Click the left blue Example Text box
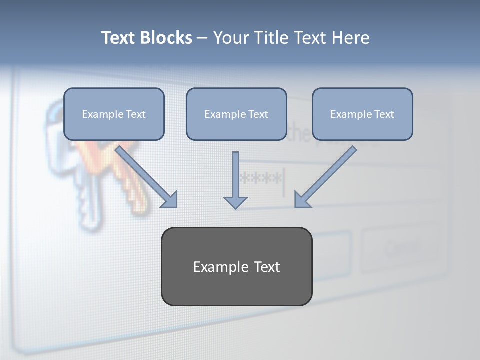coord(114,114)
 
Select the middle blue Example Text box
coord(236,114)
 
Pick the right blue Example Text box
coord(362,114)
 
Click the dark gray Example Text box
coord(236,266)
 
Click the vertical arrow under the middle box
coord(235,175)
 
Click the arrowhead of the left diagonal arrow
coord(170,200)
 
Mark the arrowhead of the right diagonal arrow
coord(302,199)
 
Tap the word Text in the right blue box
coord(384,114)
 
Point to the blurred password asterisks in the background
coord(261,178)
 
